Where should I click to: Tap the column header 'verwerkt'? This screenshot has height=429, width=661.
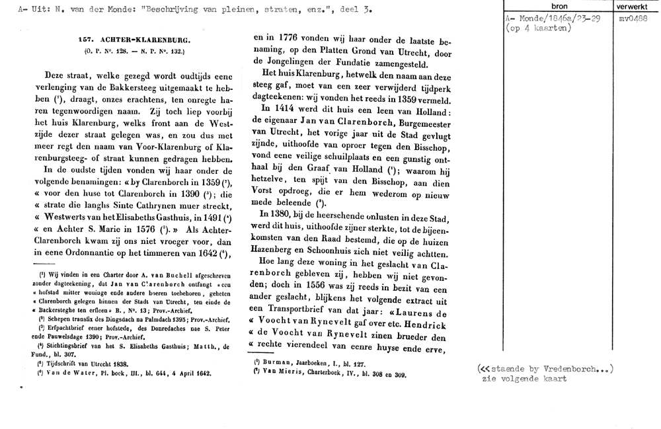pyautogui.click(x=633, y=6)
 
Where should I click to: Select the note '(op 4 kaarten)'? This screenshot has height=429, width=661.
pyautogui.click(x=537, y=28)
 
